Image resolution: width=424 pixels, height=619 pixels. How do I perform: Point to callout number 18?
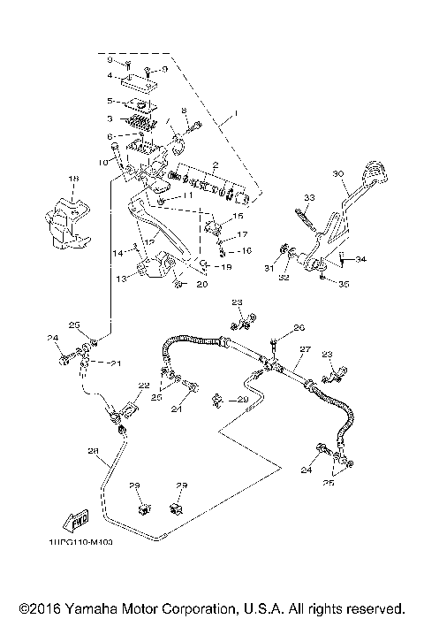coord(73,178)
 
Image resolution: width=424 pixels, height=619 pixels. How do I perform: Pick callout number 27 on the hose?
coord(303,349)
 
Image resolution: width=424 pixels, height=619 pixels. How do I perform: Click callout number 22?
coord(140,386)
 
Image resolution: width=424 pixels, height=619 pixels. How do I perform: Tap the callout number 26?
coord(299,326)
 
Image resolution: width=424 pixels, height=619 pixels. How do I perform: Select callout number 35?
coord(344,285)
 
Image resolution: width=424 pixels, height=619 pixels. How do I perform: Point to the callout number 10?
coord(102,163)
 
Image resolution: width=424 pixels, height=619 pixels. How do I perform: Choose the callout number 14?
coord(117,253)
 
